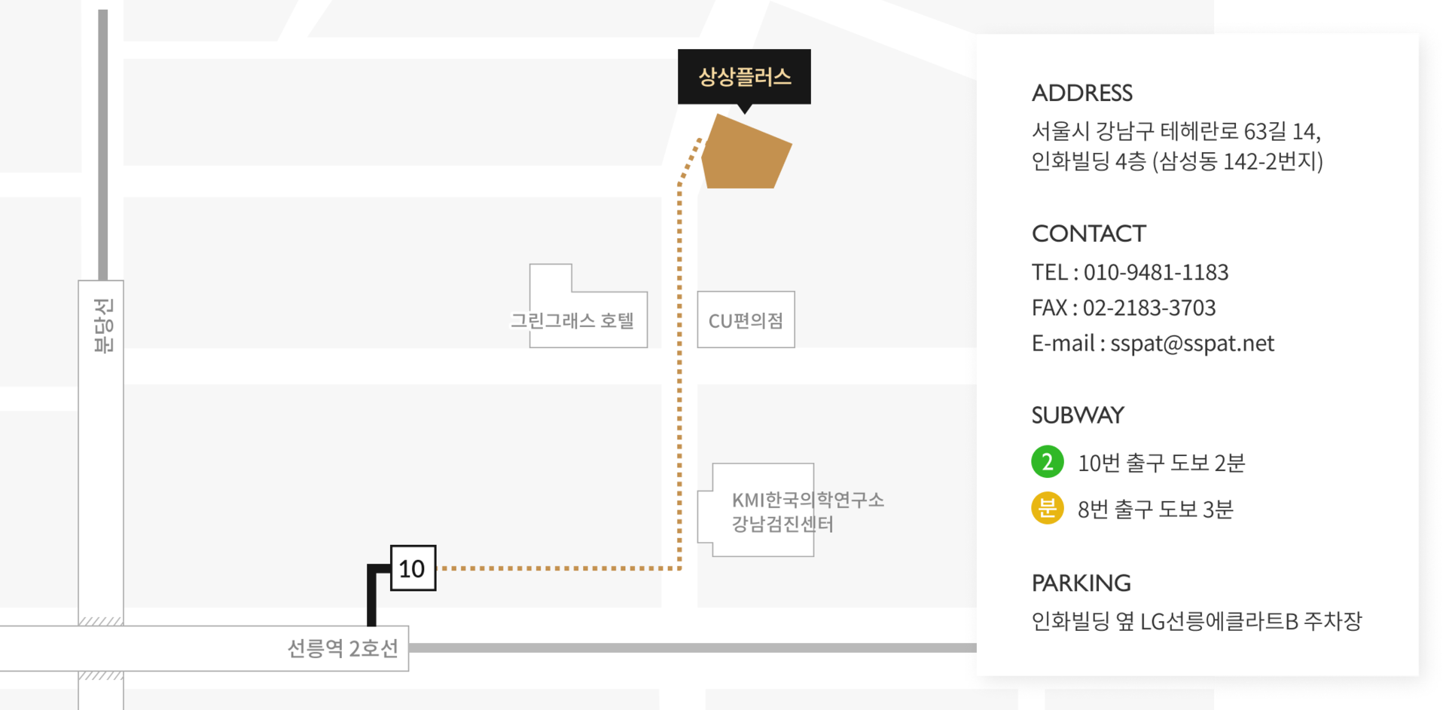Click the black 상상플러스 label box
pyautogui.click(x=744, y=76)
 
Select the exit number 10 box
pyautogui.click(x=413, y=568)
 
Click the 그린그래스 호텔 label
pyautogui.click(x=572, y=320)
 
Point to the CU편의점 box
pyautogui.click(x=746, y=320)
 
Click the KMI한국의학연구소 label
pyautogui.click(x=807, y=500)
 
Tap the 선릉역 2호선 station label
pyautogui.click(x=343, y=648)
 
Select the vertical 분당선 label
pyautogui.click(x=103, y=326)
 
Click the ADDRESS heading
pyautogui.click(x=1081, y=93)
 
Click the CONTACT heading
pyautogui.click(x=1088, y=234)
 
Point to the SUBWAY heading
pyautogui.click(x=1077, y=415)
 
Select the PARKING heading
pyautogui.click(x=1081, y=583)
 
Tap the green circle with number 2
pyautogui.click(x=1047, y=462)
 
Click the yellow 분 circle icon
pyautogui.click(x=1047, y=508)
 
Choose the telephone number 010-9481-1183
pyautogui.click(x=1155, y=272)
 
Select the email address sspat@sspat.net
pyautogui.click(x=1191, y=344)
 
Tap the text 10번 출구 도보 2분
pyautogui.click(x=1161, y=463)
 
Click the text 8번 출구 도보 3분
pyautogui.click(x=1155, y=510)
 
